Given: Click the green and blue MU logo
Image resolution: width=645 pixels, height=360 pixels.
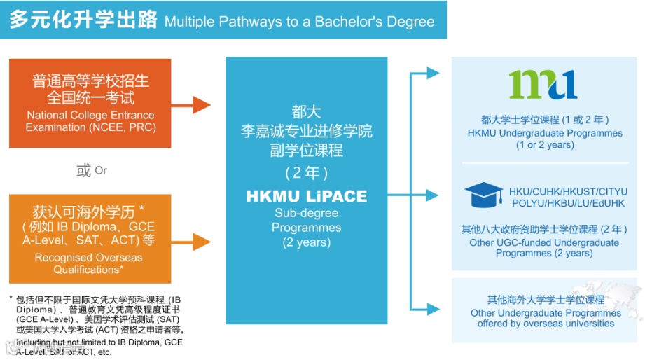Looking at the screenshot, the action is tap(543, 85).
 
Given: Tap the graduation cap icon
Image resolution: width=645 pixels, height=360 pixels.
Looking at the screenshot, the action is tap(483, 195).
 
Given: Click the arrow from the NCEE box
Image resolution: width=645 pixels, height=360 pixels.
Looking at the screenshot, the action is tap(192, 106).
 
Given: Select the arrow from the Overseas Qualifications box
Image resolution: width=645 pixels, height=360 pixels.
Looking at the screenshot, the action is tap(192, 242).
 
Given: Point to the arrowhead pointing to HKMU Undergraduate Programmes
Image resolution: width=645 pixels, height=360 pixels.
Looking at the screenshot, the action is tap(433, 73).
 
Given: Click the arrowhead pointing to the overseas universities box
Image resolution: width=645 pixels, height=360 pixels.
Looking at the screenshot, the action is tap(433, 309).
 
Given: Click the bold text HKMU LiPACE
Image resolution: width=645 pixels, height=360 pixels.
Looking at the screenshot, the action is tap(307, 196).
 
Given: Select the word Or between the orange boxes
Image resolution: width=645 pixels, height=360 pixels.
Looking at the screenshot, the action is tap(101, 170).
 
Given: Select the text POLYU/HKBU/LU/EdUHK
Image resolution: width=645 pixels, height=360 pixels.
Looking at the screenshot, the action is tap(568, 203).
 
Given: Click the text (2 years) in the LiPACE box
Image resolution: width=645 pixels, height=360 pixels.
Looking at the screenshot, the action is tap(307, 242).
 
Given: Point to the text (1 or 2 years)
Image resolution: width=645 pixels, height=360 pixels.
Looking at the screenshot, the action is tap(545, 145).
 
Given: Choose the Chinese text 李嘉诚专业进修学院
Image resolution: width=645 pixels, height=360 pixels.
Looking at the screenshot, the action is tap(307, 132).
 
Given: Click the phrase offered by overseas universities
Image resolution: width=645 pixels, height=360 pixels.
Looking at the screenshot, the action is tap(546, 324).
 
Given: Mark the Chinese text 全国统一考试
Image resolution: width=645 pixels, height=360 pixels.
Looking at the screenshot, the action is tap(91, 97).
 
